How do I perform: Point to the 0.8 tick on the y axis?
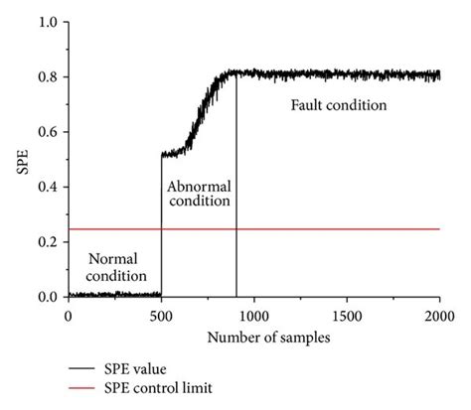click(47, 77)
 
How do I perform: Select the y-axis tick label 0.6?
click(47, 132)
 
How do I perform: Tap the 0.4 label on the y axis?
click(47, 188)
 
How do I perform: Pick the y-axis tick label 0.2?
click(47, 242)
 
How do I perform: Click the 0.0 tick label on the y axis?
click(47, 297)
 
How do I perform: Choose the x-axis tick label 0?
click(68, 316)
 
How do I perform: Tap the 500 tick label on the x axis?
click(161, 316)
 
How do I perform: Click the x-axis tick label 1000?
click(253, 316)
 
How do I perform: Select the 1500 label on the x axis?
click(347, 316)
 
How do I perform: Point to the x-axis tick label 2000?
click(439, 316)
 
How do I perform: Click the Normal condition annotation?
click(112, 266)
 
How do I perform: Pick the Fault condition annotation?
click(338, 104)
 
